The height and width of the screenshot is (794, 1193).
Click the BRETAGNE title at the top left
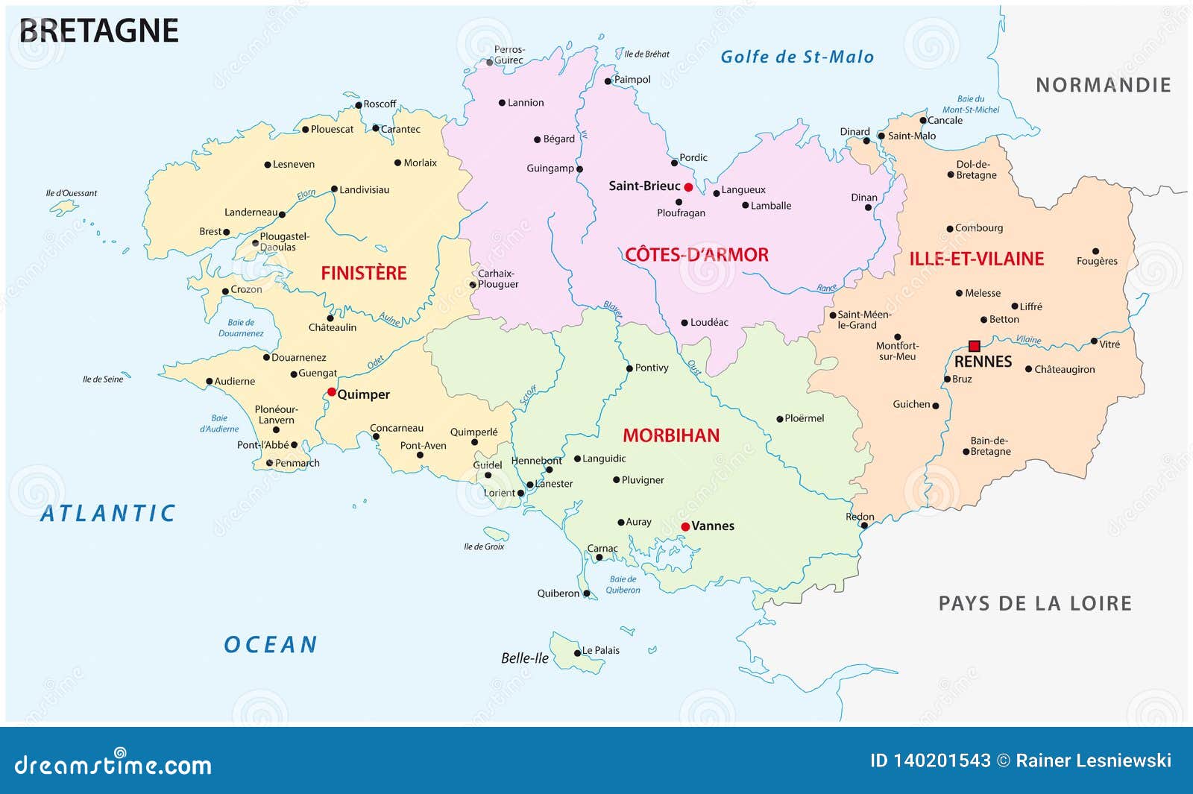tap(98, 31)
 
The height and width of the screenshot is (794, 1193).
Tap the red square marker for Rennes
tap(974, 346)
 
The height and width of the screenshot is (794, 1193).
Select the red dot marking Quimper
tap(332, 391)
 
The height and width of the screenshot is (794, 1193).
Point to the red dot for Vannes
tap(685, 526)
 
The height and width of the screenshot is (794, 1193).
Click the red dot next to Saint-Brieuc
tap(688, 187)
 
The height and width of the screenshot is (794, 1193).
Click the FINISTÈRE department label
tap(364, 273)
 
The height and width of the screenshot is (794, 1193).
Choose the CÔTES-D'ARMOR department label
tap(696, 255)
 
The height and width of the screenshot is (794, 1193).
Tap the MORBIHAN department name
tap(671, 435)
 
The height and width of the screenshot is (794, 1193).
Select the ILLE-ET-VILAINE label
tap(976, 259)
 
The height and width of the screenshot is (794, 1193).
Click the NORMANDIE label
tap(1103, 85)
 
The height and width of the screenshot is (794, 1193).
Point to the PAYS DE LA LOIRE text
tap(1034, 603)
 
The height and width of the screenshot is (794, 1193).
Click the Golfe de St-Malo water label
tap(796, 57)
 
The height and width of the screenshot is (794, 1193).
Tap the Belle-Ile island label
tap(524, 658)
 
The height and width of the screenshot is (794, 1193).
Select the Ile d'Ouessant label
tap(72, 193)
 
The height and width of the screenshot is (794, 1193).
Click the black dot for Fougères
tap(1095, 251)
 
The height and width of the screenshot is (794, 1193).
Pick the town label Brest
tap(210, 231)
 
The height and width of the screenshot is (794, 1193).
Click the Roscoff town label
tap(380, 104)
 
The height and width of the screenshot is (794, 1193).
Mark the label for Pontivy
tap(651, 368)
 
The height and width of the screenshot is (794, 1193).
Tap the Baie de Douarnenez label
tap(241, 328)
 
